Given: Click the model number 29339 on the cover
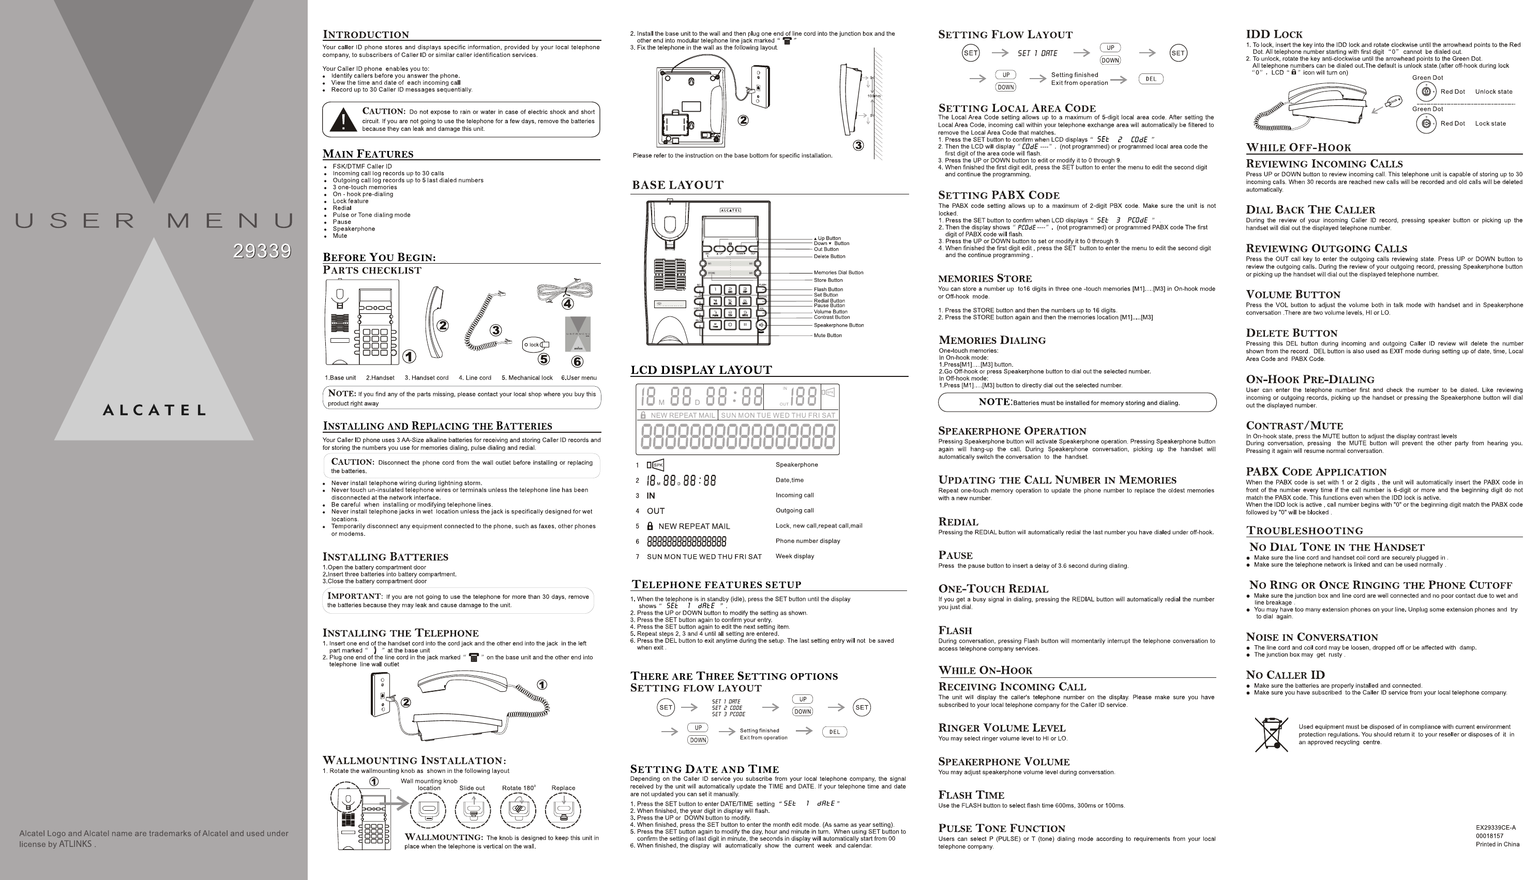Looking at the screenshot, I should tap(262, 251).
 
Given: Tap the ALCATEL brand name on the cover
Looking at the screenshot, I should tap(154, 411).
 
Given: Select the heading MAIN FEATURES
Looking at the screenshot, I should tap(368, 154).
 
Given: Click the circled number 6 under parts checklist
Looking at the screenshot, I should tap(577, 361).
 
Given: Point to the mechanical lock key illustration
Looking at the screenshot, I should tap(536, 344).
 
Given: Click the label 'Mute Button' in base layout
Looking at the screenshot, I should tap(827, 336).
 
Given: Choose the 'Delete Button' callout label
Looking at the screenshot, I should tap(829, 256).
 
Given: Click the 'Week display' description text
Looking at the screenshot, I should tap(794, 556).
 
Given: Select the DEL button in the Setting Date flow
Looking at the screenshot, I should tap(1151, 79).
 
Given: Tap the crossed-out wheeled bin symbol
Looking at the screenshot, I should tap(1271, 734).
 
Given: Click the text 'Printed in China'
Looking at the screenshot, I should tap(1497, 844).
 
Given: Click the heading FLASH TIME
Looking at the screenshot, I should tap(971, 795).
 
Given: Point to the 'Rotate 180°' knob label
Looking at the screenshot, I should tap(519, 788).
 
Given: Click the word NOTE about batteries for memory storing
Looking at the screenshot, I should tap(994, 402).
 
